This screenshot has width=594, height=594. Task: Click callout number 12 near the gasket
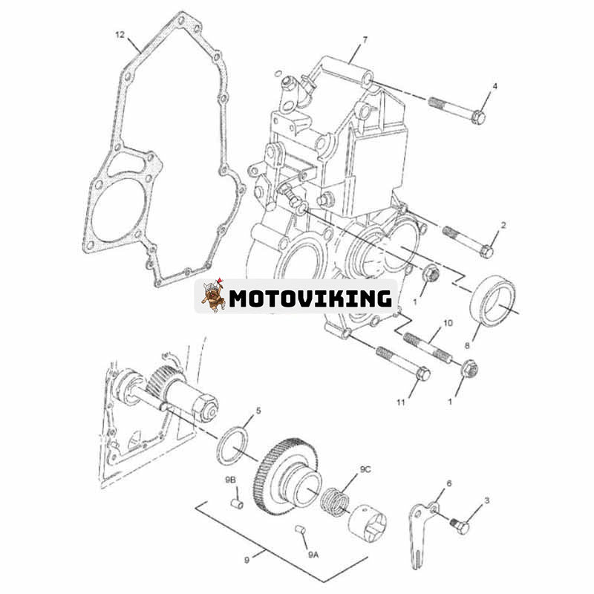click(x=120, y=35)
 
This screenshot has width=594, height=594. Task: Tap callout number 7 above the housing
click(x=365, y=40)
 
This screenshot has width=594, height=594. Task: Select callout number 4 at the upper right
click(x=495, y=86)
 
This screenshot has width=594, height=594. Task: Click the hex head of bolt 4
click(x=479, y=117)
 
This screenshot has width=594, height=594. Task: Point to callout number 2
click(x=503, y=226)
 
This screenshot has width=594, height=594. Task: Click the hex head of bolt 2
click(x=487, y=251)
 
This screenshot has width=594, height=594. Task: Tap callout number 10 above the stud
click(x=448, y=323)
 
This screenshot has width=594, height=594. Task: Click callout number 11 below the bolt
click(x=400, y=402)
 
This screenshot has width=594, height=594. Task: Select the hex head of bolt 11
click(x=422, y=374)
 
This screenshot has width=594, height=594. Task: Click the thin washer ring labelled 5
click(x=233, y=445)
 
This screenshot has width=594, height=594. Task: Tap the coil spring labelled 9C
click(x=335, y=503)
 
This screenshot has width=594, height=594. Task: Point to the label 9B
click(x=230, y=480)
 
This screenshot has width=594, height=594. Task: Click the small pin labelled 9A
click(x=300, y=529)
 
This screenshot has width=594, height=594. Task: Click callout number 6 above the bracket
click(x=449, y=483)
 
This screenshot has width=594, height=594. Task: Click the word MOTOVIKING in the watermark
click(x=310, y=298)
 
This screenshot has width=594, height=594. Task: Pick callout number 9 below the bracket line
click(x=247, y=560)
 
